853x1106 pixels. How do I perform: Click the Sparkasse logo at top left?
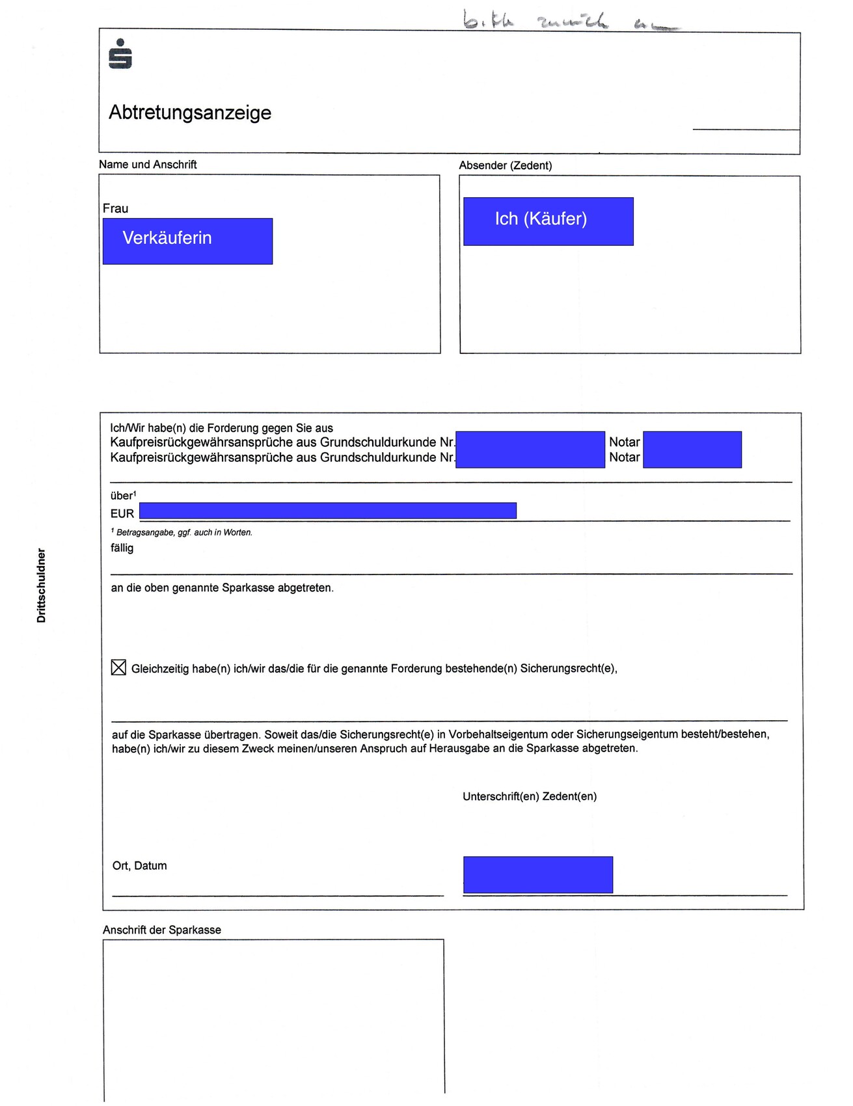[120, 54]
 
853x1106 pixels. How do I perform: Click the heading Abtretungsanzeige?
[190, 113]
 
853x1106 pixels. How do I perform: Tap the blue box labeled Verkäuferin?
[187, 241]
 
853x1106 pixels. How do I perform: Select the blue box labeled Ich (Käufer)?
[548, 221]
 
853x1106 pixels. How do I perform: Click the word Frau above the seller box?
[115, 208]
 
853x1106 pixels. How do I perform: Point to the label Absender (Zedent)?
[505, 165]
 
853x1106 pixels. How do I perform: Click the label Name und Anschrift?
[148, 165]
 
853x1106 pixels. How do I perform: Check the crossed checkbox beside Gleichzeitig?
[118, 668]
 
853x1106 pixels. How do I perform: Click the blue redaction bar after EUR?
[328, 511]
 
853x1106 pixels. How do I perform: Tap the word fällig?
[122, 548]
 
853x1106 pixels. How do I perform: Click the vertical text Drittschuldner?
[42, 586]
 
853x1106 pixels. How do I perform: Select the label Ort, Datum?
[139, 865]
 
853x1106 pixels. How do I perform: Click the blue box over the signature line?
[537, 874]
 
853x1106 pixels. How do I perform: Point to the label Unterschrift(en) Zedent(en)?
[530, 796]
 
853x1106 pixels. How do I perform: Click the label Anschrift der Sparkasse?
[162, 930]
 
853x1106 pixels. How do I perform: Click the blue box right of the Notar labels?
[692, 450]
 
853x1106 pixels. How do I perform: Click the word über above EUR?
[122, 496]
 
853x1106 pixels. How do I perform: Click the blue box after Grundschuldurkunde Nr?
[530, 450]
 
